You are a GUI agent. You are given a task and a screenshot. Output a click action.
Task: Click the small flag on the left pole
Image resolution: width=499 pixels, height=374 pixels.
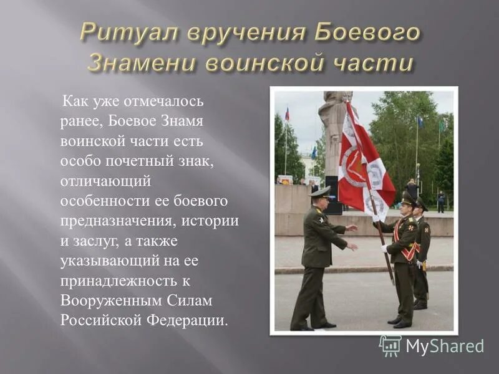tap(287, 113)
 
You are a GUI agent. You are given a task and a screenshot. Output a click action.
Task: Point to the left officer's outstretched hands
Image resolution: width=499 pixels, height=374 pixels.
tap(352, 237)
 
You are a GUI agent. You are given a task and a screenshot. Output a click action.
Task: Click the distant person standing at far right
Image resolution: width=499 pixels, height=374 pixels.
tap(441, 201)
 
